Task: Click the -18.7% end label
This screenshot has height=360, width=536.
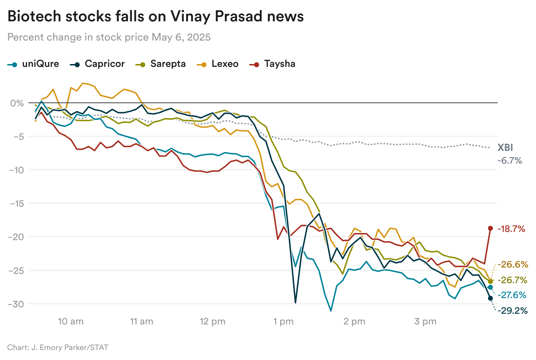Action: [511, 229]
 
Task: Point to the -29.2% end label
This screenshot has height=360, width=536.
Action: [513, 311]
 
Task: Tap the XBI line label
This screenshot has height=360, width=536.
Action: [505, 148]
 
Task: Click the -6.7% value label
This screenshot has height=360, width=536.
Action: [510, 161]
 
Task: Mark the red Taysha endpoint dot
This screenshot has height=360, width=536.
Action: [490, 228]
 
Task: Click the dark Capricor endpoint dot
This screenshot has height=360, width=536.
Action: [490, 298]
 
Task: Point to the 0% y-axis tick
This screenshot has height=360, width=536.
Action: [17, 103]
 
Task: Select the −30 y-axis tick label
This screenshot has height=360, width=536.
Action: [16, 304]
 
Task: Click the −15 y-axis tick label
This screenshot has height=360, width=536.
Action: [16, 203]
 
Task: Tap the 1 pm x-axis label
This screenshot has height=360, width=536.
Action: [283, 322]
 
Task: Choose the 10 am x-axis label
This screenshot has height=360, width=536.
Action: [70, 322]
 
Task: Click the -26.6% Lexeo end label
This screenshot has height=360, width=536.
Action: [513, 264]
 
